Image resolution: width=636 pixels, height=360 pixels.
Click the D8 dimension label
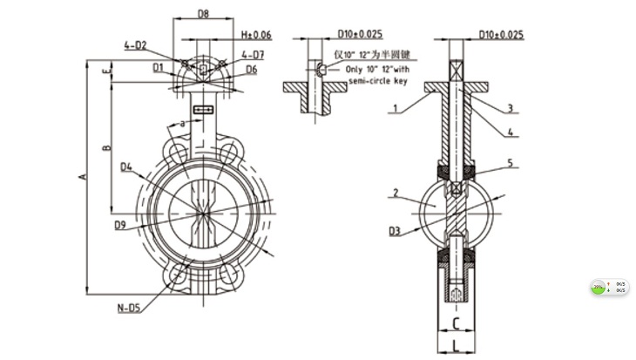202,15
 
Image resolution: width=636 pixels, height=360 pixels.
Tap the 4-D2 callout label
135,44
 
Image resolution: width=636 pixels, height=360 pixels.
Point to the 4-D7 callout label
253,55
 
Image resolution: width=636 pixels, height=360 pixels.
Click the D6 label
251,69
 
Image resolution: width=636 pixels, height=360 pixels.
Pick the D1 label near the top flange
157,66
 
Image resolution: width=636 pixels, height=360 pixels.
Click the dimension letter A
83,178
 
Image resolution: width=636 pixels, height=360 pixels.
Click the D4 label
127,166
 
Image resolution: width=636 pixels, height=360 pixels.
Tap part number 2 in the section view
396,193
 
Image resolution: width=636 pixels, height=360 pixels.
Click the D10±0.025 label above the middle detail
359,34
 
